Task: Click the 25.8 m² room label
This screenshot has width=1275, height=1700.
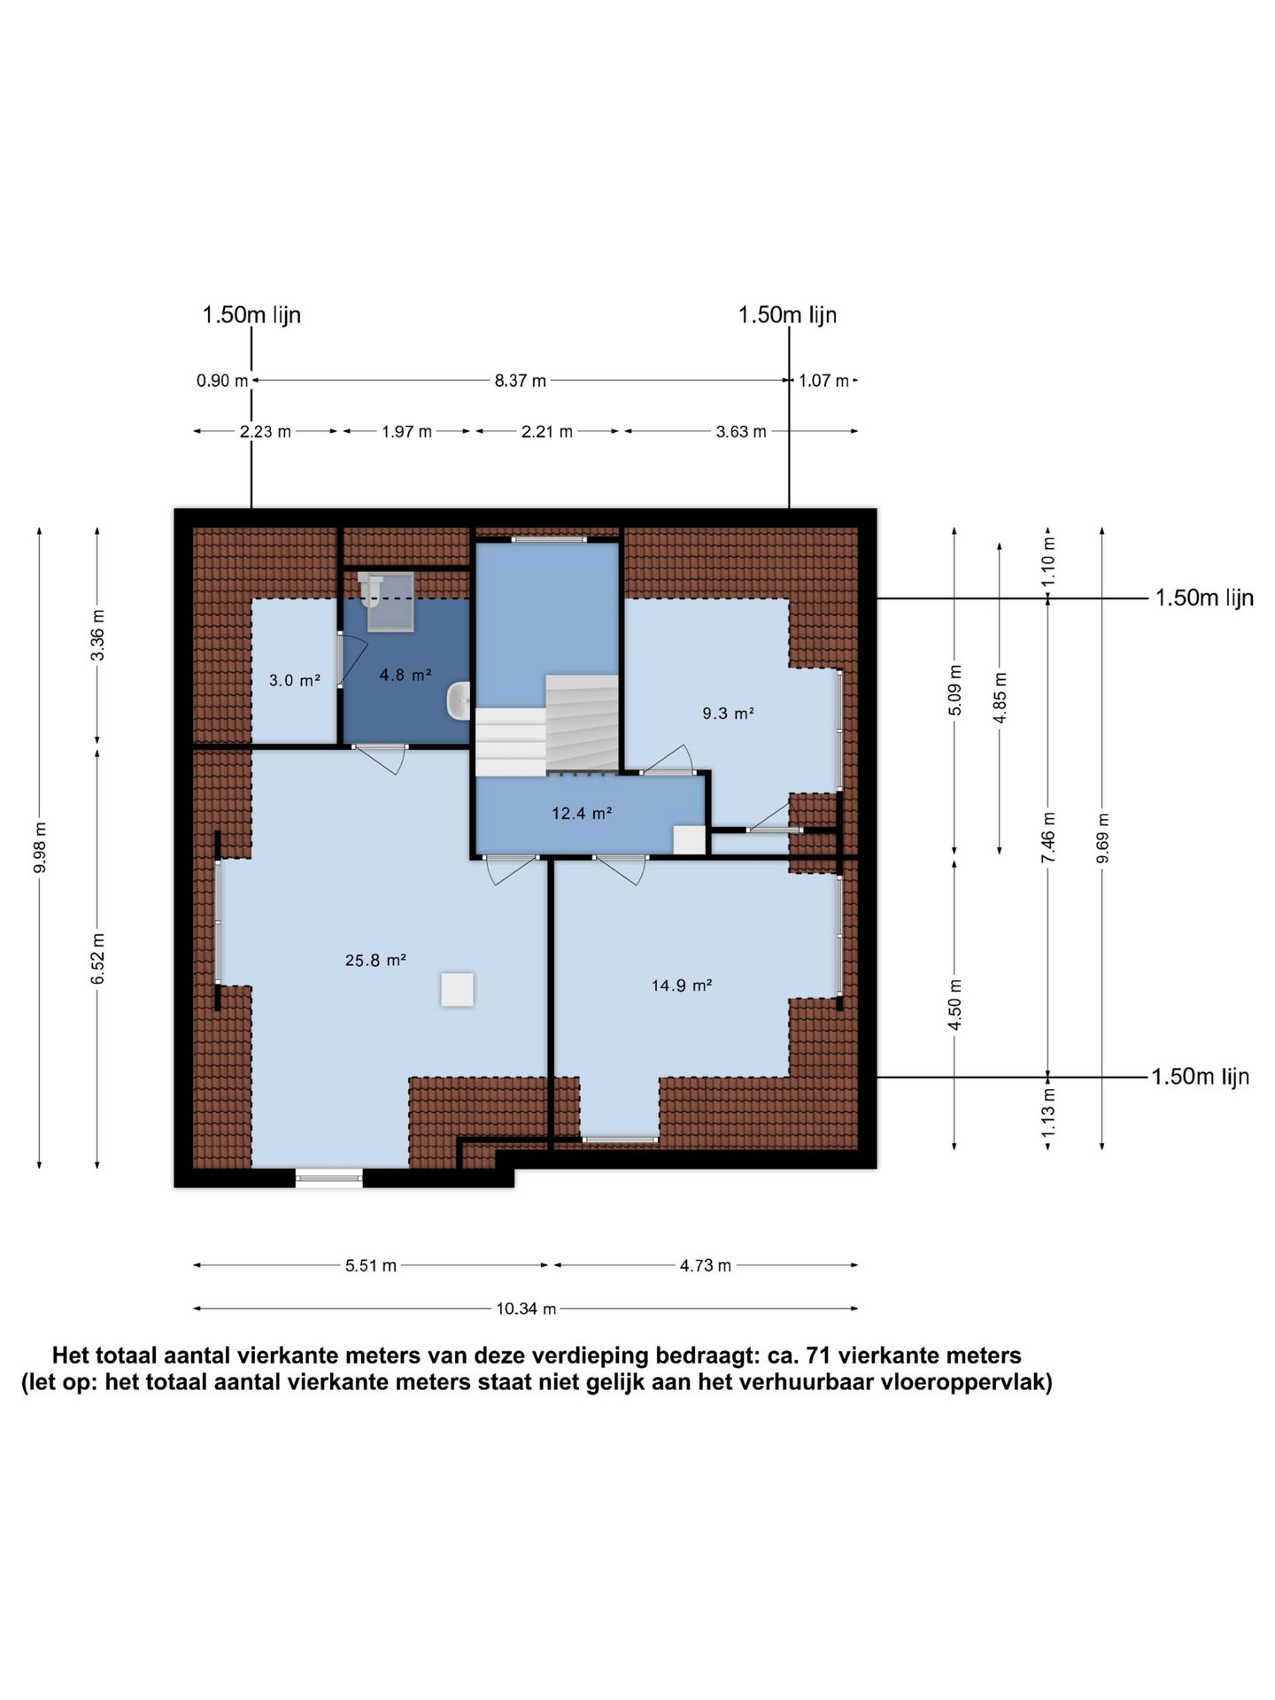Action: click(x=375, y=960)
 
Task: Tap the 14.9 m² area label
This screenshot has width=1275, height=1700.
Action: click(x=682, y=985)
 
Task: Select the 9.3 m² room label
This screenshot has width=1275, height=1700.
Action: click(x=728, y=713)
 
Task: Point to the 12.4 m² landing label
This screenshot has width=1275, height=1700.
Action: click(x=582, y=813)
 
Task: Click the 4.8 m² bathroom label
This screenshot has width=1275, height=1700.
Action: click(x=406, y=675)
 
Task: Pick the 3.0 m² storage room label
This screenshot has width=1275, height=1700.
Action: click(x=294, y=681)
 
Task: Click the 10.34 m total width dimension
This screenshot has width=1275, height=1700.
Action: click(x=526, y=1309)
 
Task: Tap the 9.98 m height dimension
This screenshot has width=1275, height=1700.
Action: click(x=40, y=847)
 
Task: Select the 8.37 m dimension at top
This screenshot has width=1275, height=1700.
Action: click(x=521, y=381)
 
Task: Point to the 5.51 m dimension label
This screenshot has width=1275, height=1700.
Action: click(x=371, y=1265)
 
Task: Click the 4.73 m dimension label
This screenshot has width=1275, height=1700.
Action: click(x=706, y=1265)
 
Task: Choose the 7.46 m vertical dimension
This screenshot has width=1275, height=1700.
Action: click(x=1048, y=838)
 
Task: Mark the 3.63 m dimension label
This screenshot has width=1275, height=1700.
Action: click(x=741, y=432)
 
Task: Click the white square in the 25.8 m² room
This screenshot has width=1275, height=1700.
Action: click(x=457, y=989)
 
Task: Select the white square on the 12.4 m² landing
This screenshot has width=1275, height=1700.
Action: click(x=689, y=839)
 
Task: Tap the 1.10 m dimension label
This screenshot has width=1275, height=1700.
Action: click(x=1048, y=561)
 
